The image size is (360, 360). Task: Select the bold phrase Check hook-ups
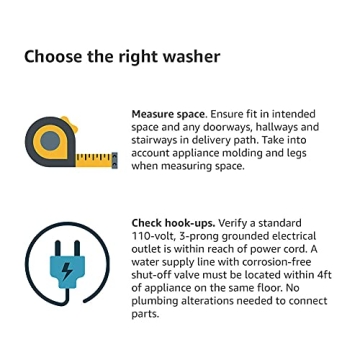pos(171,223)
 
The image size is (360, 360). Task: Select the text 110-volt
pos(153,236)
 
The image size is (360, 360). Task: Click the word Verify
pos(233,223)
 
